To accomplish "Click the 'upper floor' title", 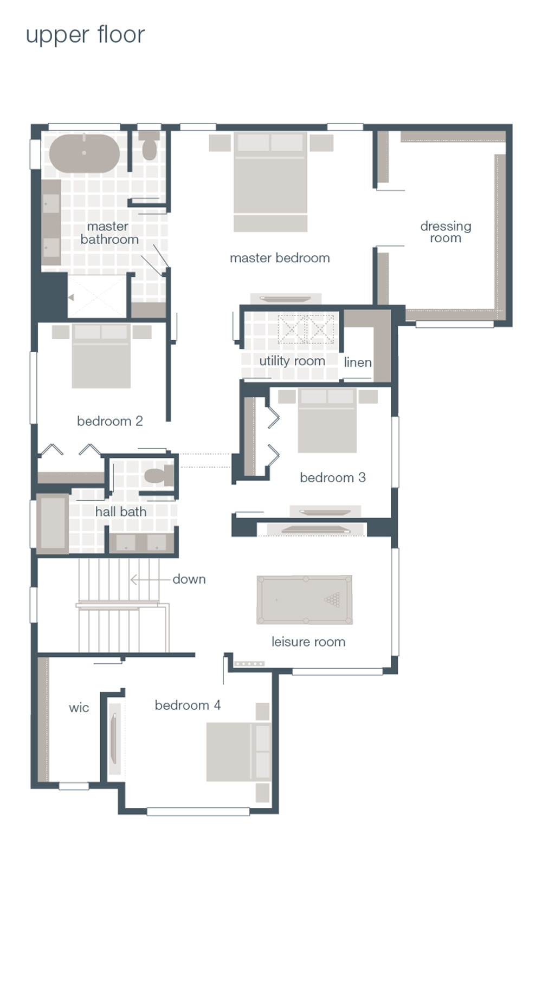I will coord(85,35).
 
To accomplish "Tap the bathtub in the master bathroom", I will coord(84,153).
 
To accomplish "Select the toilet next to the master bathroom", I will coord(149,146).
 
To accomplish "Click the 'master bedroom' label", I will coord(280,258).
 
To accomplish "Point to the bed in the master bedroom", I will coord(270,179).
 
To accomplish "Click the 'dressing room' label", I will coord(446,232).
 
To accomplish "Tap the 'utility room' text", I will coord(292,361).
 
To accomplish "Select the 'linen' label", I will coord(358,363).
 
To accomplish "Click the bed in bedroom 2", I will coord(101,355).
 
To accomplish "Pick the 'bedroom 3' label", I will coord(333,477).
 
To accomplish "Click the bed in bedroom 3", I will coord(327,421).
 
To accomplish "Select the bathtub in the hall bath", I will coord(53,523).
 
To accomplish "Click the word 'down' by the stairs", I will coord(189,579).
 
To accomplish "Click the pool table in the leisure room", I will coord(305,600).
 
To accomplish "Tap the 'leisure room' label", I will coord(308,642).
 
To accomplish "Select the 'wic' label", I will coord(79,708).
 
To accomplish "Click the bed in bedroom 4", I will coord(237,752).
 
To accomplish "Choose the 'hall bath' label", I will coord(121,512).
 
